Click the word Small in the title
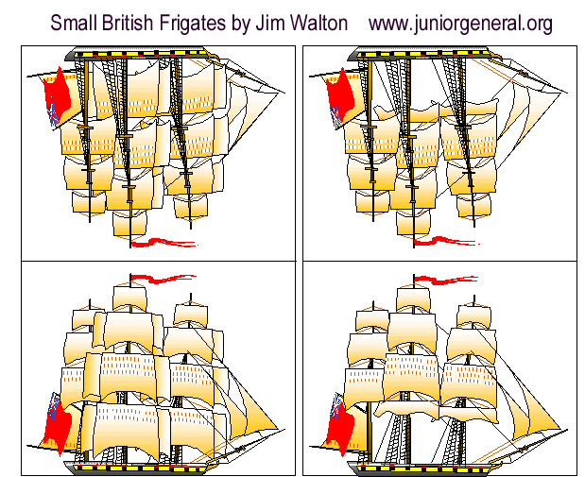coord(73,22)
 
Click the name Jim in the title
coord(268,22)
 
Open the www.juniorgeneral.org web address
coord(460,22)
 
